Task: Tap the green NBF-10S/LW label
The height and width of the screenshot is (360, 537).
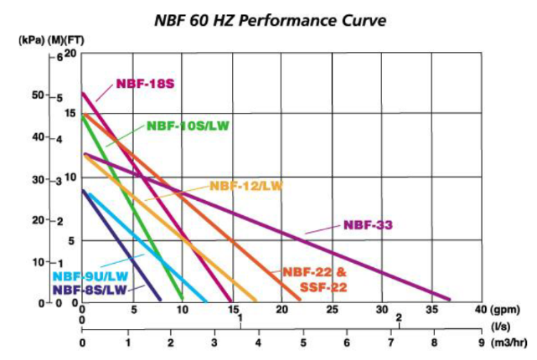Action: (x=188, y=126)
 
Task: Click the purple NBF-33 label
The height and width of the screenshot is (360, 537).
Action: (x=368, y=224)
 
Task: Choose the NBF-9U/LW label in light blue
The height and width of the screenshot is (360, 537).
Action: (x=90, y=276)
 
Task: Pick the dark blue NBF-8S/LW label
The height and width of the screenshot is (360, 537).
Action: (x=90, y=290)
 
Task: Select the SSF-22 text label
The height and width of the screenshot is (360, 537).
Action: (x=323, y=287)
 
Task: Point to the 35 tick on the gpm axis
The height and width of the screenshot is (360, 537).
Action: (x=432, y=308)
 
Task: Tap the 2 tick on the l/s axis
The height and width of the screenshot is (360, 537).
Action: (x=398, y=318)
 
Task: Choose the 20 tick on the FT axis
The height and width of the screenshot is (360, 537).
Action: (x=70, y=54)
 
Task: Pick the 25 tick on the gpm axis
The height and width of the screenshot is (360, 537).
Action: (x=333, y=308)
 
